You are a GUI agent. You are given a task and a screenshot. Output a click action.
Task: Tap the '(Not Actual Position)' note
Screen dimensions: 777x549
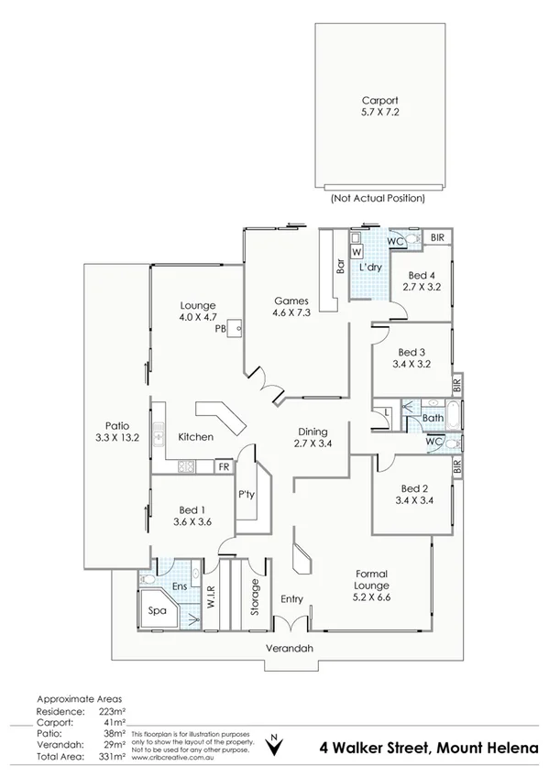(377, 197)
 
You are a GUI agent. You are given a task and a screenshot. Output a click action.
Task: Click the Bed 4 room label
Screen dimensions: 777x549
(422, 275)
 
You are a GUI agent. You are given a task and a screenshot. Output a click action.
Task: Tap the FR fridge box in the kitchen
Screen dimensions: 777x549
(223, 466)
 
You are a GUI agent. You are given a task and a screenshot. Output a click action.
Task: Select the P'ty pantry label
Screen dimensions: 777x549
(246, 494)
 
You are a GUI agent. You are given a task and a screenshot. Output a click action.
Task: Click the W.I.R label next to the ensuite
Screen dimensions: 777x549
(210, 598)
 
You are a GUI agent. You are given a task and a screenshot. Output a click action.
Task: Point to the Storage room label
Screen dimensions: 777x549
(255, 596)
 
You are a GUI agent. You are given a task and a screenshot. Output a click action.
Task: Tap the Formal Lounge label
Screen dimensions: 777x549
(372, 579)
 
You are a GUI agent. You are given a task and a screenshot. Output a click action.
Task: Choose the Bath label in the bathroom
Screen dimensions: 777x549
(433, 419)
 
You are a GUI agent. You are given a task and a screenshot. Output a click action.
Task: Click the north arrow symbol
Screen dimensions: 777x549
(273, 744)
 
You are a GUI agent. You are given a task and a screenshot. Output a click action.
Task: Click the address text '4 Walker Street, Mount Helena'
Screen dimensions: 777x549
(428, 747)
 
